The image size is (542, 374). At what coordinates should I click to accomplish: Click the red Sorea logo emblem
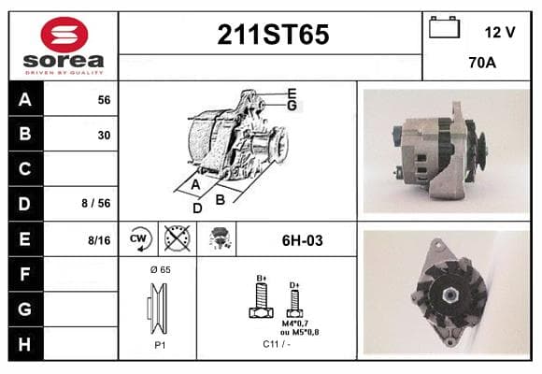pos(64,35)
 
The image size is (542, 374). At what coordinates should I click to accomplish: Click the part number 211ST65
pos(273,35)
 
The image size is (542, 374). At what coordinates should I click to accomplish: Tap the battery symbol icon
pos(444,27)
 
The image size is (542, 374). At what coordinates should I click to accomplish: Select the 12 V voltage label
pos(500,33)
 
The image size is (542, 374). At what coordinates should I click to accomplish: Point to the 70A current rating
pos(482,63)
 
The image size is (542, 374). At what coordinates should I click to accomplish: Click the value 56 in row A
pos(104,100)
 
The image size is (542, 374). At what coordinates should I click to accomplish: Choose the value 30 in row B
pos(104,135)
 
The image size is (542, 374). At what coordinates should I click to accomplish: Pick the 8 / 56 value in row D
pos(96,203)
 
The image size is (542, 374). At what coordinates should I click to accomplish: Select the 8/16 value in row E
pos(99,240)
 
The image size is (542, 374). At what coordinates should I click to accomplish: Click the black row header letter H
pos(24,344)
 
